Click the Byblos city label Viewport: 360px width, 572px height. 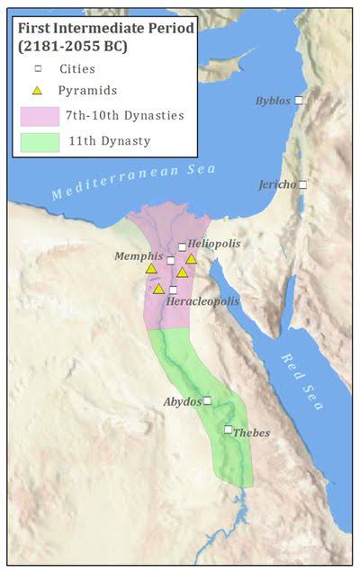273,101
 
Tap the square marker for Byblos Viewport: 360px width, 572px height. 300,101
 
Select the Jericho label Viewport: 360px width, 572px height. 276,184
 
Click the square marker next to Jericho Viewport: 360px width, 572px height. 302,184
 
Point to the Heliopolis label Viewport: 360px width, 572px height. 214,244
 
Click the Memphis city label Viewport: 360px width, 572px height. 139,256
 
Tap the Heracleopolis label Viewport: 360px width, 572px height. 202,301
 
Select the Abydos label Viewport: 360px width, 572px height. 182,401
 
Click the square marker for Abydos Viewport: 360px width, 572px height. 207,400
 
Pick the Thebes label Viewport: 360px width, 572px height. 251,433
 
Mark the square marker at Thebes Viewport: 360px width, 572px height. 229,429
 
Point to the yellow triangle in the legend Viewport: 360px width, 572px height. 37,90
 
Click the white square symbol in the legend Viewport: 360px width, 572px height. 37,67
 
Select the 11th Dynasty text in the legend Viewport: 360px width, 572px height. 107,141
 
